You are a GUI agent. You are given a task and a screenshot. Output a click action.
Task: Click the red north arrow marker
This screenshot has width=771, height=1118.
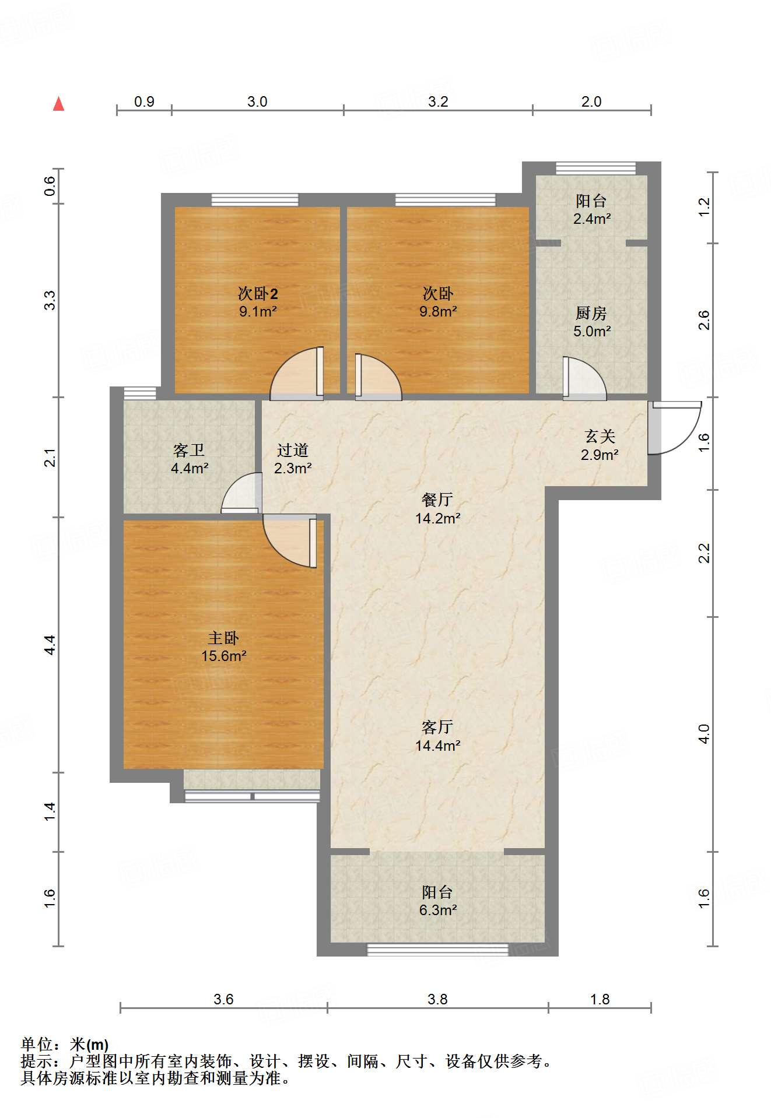point(58,104)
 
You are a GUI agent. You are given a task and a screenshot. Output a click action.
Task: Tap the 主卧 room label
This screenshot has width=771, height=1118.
point(223,638)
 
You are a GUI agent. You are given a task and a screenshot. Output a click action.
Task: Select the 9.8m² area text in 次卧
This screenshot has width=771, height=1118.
point(438,311)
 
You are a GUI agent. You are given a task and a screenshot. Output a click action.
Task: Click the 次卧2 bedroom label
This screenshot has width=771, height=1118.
point(257,293)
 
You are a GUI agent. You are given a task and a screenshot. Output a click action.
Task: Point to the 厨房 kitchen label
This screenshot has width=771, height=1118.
point(591,313)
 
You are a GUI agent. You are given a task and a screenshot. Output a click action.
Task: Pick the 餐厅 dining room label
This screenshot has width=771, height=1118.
point(437,500)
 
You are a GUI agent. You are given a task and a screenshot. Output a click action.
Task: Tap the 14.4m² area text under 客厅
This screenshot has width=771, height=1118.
point(437,746)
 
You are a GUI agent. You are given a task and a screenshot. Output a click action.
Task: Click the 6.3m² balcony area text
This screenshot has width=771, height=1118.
point(437,910)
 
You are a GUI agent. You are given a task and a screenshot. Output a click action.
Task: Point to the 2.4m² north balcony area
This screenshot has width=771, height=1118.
point(591,219)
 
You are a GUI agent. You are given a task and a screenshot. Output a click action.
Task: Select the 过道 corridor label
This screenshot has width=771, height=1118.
point(293,450)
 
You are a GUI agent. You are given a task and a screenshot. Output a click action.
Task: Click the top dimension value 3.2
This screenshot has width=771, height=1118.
point(438,102)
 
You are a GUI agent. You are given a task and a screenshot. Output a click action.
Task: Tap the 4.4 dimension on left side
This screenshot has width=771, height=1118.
point(50,644)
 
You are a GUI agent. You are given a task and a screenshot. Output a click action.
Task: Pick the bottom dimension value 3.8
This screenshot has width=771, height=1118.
point(437,1000)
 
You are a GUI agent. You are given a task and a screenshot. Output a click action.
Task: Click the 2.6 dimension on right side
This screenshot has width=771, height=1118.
point(704,320)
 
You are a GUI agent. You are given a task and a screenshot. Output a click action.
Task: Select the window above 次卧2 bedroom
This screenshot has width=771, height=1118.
point(255,200)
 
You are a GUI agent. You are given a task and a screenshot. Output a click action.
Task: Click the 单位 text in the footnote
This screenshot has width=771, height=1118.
point(37,1045)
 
